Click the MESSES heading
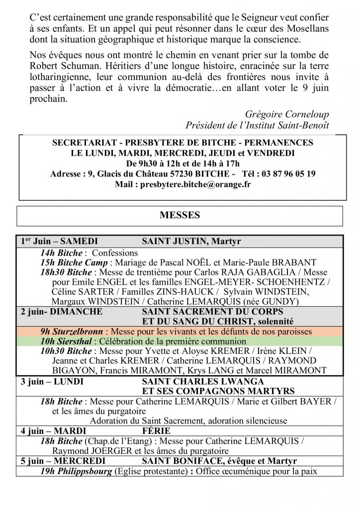pyautogui.click(x=180, y=215)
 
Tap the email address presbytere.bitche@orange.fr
pyautogui.click(x=195, y=184)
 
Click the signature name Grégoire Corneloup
pyautogui.click(x=287, y=114)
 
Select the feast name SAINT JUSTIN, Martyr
pyautogui.click(x=191, y=242)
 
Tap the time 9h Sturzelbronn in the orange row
pyautogui.click(x=72, y=332)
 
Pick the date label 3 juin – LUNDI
pyautogui.click(x=52, y=382)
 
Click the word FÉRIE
pyautogui.click(x=156, y=430)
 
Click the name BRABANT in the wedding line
pyautogui.click(x=294, y=262)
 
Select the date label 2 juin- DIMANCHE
pyautogui.click(x=61, y=312)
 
